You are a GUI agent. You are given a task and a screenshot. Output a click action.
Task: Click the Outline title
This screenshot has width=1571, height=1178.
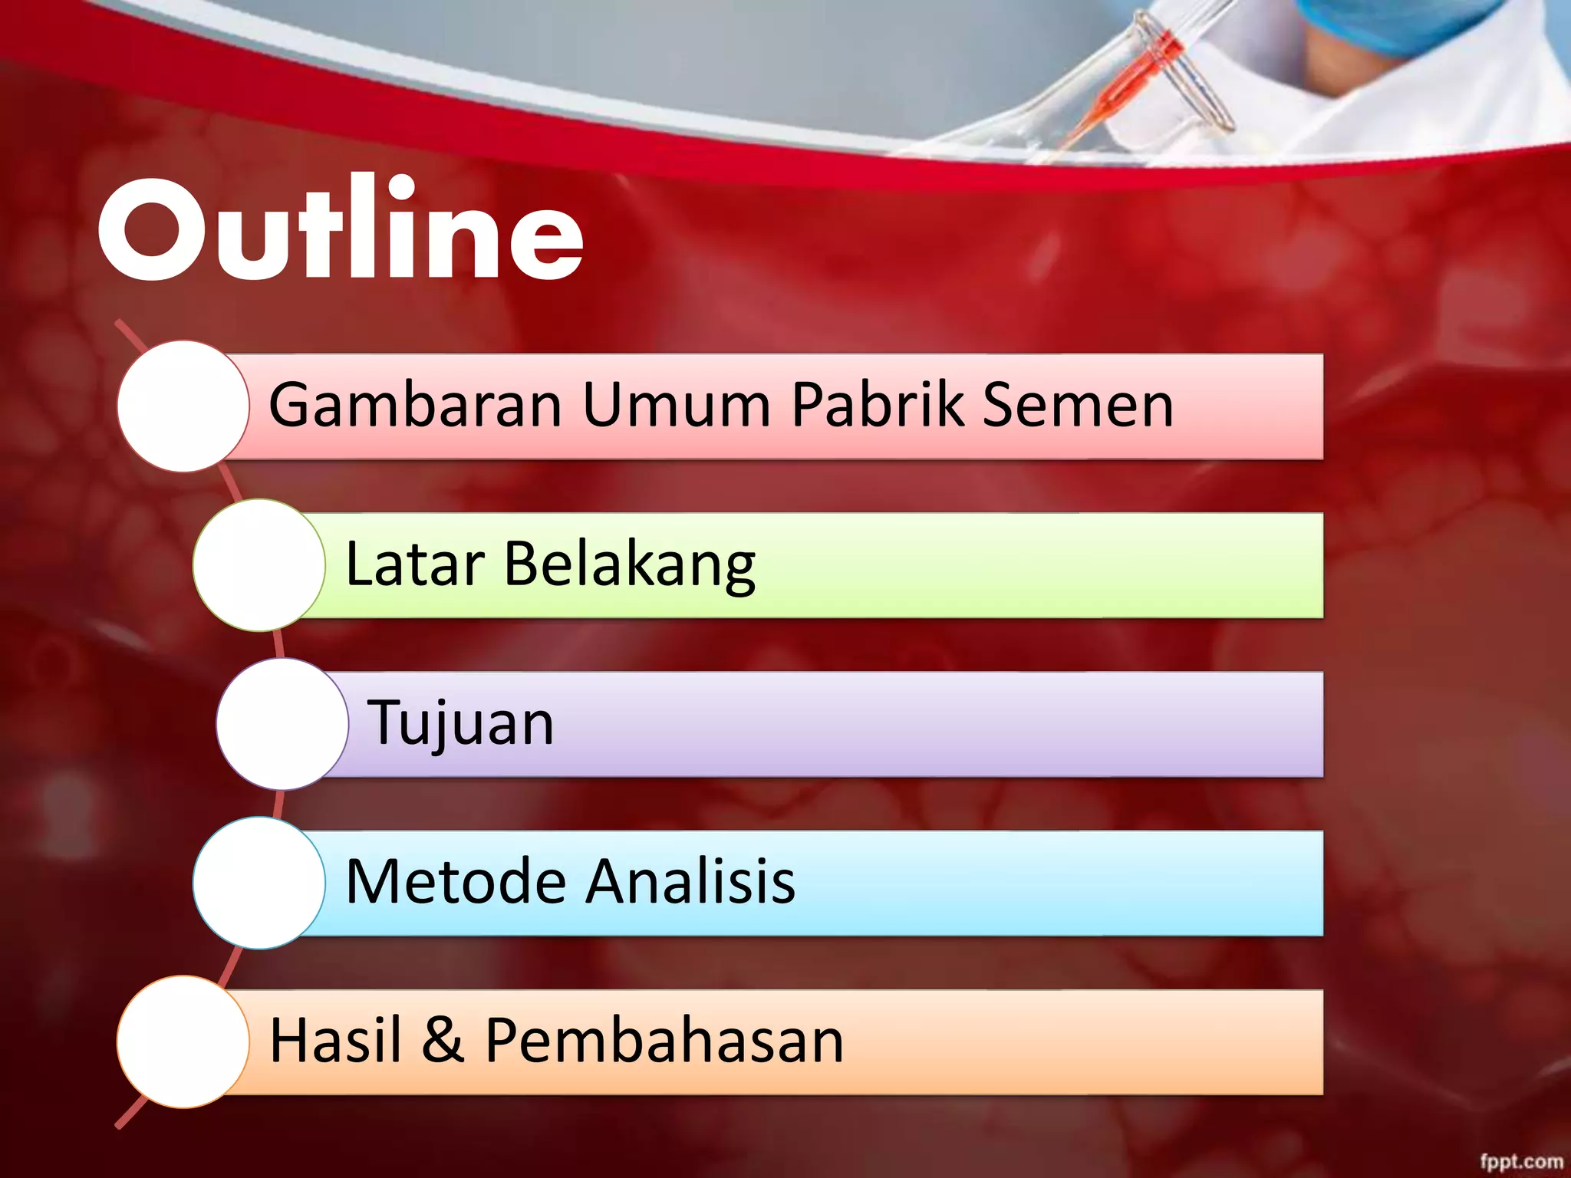[x=341, y=230]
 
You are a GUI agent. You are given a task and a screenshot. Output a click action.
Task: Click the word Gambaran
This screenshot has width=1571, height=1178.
[x=415, y=405]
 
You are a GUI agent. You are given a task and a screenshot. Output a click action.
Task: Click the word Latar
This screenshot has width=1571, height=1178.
[x=415, y=564]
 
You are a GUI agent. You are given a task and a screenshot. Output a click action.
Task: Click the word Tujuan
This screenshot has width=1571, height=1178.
[x=460, y=722]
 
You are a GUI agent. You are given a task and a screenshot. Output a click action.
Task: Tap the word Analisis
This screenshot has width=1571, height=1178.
[x=690, y=881]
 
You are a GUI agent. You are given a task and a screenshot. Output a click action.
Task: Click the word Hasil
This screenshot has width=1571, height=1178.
[x=335, y=1040]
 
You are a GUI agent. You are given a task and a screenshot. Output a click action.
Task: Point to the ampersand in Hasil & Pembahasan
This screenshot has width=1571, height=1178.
[x=443, y=1040]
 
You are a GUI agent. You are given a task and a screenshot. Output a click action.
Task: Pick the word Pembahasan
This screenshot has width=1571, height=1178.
[x=664, y=1040]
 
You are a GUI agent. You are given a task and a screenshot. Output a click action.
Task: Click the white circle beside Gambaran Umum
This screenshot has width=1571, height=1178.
[x=183, y=406]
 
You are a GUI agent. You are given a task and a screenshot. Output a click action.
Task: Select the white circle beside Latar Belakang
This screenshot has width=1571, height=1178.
[x=259, y=565]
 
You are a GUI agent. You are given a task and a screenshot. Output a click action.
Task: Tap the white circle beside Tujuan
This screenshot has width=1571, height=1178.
[x=282, y=724]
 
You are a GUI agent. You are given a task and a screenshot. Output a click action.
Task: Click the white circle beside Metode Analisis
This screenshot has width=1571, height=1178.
[x=259, y=883]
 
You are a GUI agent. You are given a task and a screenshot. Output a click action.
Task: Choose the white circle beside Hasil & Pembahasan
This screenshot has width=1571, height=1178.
[x=183, y=1041]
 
